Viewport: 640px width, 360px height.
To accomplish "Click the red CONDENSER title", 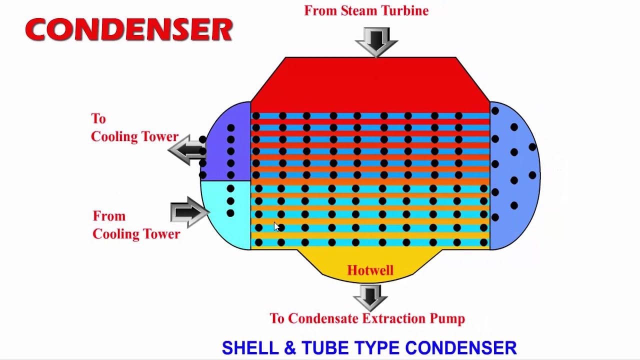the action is point(129,29).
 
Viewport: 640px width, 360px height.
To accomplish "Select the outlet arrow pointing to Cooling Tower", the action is point(187,149).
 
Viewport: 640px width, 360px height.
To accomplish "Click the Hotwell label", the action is point(370,270).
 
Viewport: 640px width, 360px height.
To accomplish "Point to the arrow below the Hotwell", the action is point(370,297).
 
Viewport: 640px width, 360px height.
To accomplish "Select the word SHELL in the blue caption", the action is point(250,347).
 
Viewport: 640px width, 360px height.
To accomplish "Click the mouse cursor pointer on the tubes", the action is point(276,227).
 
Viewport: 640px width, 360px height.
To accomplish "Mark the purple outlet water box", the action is point(225,141).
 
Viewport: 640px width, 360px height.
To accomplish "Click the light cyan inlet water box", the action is point(225,215).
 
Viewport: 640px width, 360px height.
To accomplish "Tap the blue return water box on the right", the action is point(515,175).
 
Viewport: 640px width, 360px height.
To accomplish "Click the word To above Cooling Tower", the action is point(98,119).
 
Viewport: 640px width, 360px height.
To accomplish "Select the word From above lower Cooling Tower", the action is point(109,216).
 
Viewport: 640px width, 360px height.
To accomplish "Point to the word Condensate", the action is point(323,318).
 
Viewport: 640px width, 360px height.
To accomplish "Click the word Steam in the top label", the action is point(359,11).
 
